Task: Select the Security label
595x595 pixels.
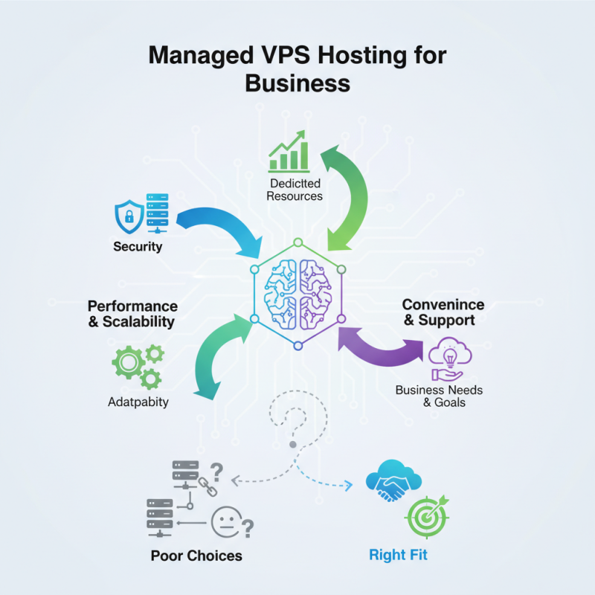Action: (x=138, y=246)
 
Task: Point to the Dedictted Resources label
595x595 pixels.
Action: (x=295, y=190)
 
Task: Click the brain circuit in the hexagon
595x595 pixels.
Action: (x=297, y=294)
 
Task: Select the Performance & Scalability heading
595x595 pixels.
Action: (x=132, y=314)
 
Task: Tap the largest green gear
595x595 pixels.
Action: (x=126, y=364)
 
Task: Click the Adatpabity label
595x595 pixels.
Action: (x=138, y=402)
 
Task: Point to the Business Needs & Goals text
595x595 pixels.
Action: (x=439, y=396)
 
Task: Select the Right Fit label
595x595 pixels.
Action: (x=398, y=556)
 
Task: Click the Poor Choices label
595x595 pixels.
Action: (x=196, y=556)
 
